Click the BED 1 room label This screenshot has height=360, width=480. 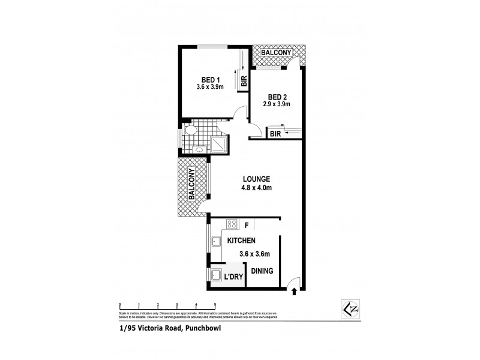210,79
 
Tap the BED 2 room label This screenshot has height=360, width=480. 276,97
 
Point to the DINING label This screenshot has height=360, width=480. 262,271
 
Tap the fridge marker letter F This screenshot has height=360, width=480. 246,226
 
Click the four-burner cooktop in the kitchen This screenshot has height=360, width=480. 230,225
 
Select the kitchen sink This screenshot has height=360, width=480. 215,242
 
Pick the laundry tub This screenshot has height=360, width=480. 215,274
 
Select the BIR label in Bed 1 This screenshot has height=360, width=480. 244,80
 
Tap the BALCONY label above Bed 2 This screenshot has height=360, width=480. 276,53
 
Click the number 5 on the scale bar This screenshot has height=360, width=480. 215,305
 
